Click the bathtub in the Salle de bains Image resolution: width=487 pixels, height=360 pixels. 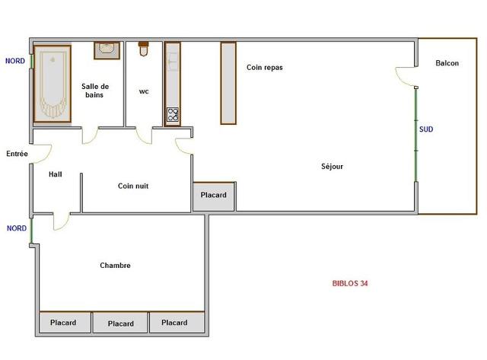(53, 84)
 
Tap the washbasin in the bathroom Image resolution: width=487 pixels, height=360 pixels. (107, 50)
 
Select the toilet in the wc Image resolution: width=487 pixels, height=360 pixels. (143, 49)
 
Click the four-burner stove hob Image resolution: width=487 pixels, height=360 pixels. (173, 114)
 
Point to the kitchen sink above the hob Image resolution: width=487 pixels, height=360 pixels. (173, 62)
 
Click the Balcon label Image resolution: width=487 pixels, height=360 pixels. (447, 63)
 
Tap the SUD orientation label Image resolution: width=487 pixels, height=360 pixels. (426, 129)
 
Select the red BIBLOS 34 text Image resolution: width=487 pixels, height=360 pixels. (350, 283)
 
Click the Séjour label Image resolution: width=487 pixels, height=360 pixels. (332, 166)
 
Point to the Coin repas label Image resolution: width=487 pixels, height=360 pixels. (265, 68)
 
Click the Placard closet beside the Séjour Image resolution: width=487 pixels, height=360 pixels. (213, 196)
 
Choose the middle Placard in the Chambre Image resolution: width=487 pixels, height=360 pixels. (120, 323)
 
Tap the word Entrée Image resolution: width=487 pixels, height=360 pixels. (17, 154)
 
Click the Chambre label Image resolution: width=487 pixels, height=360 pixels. (115, 266)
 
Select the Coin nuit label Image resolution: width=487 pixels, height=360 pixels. (133, 186)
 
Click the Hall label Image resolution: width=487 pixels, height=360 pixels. (56, 174)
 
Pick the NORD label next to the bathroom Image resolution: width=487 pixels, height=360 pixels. (15, 61)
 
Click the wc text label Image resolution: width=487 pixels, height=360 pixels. (144, 91)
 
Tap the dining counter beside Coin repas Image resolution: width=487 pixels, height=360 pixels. (228, 83)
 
